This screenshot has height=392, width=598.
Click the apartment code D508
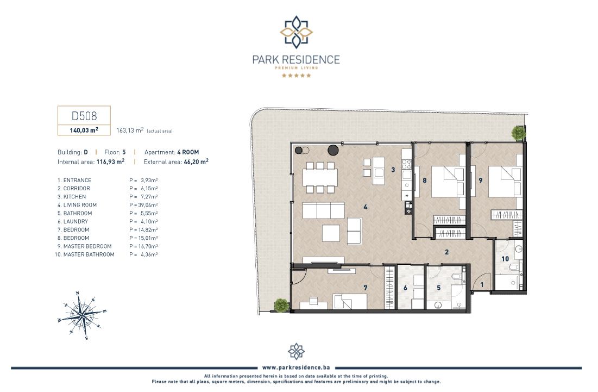(84, 116)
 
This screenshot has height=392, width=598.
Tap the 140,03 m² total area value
(84, 130)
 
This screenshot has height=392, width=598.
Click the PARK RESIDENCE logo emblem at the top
(297, 32)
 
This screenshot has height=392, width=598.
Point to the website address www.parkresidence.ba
(296, 368)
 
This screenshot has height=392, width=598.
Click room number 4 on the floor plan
(366, 207)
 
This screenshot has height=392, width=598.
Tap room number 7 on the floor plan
(366, 288)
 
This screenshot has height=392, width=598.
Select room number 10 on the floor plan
(505, 259)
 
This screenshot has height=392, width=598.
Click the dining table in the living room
(320, 177)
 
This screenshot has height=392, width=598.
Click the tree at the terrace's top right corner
(519, 133)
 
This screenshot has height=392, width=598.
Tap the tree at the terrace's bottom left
(281, 306)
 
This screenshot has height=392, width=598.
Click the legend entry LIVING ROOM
(80, 205)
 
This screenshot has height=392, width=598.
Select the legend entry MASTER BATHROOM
(89, 254)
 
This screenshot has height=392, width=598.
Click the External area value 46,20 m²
(196, 162)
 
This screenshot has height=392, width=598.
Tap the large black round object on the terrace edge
(333, 151)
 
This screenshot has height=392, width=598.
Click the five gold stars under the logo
(297, 76)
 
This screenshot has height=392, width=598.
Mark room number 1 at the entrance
(482, 285)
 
